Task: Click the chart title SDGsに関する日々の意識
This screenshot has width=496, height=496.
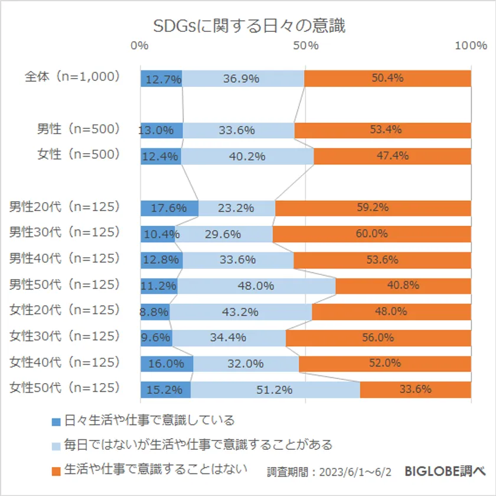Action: [249, 27]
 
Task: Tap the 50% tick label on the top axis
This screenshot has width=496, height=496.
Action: [306, 46]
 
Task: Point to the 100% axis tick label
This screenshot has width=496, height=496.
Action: [471, 46]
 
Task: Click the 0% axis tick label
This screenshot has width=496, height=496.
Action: [140, 46]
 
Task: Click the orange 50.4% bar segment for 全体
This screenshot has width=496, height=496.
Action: [387, 79]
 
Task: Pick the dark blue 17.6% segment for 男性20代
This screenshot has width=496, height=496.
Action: [169, 208]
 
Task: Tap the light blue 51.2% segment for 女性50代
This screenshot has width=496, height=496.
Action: [275, 390]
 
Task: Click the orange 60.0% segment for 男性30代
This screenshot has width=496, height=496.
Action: [371, 234]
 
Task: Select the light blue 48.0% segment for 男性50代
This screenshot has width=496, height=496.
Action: [256, 286]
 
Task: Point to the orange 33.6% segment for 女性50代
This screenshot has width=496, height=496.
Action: [415, 390]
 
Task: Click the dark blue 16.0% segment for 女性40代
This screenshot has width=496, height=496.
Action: [167, 364]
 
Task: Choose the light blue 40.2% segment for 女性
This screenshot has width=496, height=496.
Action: [247, 156]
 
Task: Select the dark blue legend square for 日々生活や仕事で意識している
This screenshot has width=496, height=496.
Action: [56, 422]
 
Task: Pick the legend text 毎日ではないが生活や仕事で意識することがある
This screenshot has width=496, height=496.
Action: [198, 445]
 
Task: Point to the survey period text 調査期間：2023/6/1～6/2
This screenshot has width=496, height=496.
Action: [329, 472]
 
